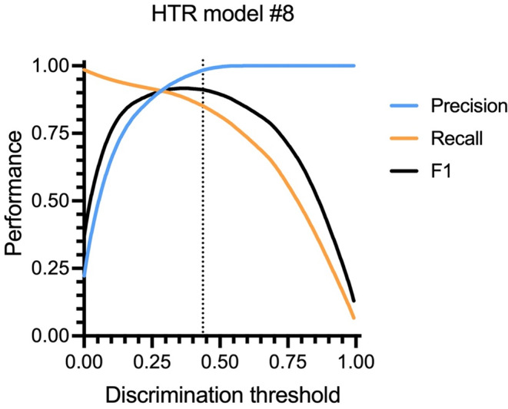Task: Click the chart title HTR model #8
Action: [223, 15]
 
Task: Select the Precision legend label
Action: [469, 106]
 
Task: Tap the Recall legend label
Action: [457, 138]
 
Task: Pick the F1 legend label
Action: [441, 171]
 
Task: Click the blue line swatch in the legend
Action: [404, 106]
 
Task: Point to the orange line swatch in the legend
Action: [404, 138]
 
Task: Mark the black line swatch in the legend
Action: [404, 171]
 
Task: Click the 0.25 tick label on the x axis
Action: [152, 361]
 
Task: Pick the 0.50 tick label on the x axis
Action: [220, 361]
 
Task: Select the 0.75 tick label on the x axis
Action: [287, 361]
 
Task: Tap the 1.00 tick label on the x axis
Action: [355, 361]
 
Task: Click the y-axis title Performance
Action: [14, 193]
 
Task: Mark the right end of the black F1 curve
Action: [354, 302]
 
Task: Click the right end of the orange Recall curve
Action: [354, 318]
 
